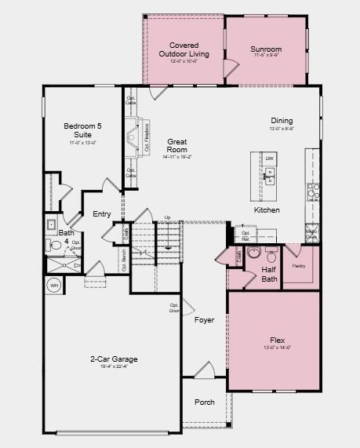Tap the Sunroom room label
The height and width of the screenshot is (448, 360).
click(x=266, y=49)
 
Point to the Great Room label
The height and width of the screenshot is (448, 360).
click(x=176, y=145)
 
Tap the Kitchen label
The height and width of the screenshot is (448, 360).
click(x=267, y=210)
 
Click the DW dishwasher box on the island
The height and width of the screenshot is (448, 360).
click(x=269, y=159)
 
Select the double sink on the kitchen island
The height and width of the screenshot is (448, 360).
click(x=269, y=177)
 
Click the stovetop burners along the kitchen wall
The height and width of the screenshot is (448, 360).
click(x=312, y=191)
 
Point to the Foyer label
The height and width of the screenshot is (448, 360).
click(x=204, y=319)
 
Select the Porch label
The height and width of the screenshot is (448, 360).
click(x=204, y=402)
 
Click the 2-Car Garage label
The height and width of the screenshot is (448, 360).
click(x=114, y=359)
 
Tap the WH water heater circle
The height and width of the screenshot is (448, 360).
click(x=55, y=286)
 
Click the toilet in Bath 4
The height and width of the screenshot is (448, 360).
click(x=56, y=245)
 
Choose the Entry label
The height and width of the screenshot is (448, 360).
click(x=102, y=214)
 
